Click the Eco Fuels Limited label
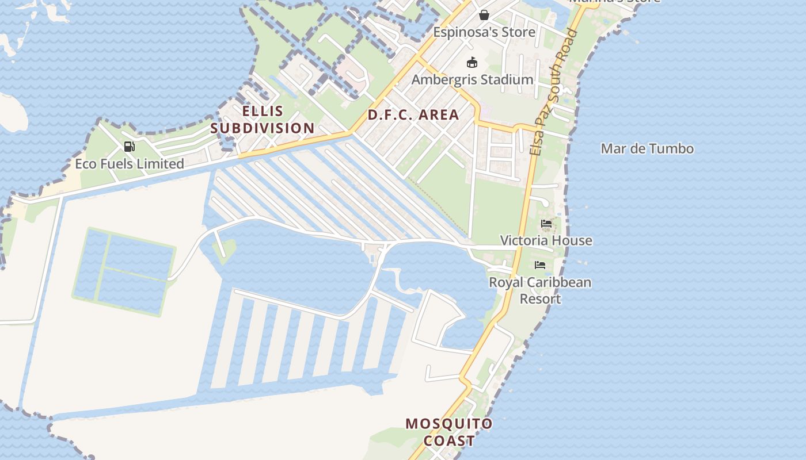tap(130, 164)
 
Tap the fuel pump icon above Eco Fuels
tap(130, 147)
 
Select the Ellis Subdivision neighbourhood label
tap(262, 120)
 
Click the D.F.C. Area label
tap(413, 115)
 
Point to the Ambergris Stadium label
tap(472, 80)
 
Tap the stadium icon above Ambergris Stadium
tap(472, 62)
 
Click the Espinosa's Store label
tap(484, 32)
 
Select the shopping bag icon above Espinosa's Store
tap(484, 14)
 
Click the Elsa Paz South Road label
tap(554, 92)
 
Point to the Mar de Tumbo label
tap(647, 149)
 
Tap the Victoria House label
tap(546, 240)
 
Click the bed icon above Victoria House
tap(546, 223)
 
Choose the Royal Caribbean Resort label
tap(540, 290)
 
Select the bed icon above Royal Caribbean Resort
tap(540, 265)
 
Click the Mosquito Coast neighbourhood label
tap(449, 432)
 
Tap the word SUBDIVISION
tap(262, 128)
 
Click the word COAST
tap(449, 441)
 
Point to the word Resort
tap(540, 299)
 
